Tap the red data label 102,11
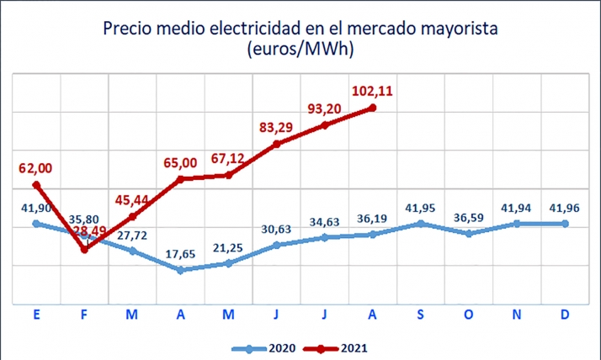(x=373, y=89)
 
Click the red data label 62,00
(x=35, y=168)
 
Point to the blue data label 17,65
(x=180, y=251)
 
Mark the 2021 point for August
(x=373, y=108)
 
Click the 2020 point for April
(x=180, y=270)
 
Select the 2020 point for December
(x=566, y=224)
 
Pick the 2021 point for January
(x=35, y=185)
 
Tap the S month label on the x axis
(x=421, y=314)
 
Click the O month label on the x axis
(x=470, y=314)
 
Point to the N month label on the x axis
(x=518, y=314)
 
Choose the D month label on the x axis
(x=566, y=314)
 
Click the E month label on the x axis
(x=35, y=314)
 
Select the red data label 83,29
(x=277, y=127)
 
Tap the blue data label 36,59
(x=470, y=215)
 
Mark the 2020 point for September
(x=421, y=224)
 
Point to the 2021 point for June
(x=277, y=144)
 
